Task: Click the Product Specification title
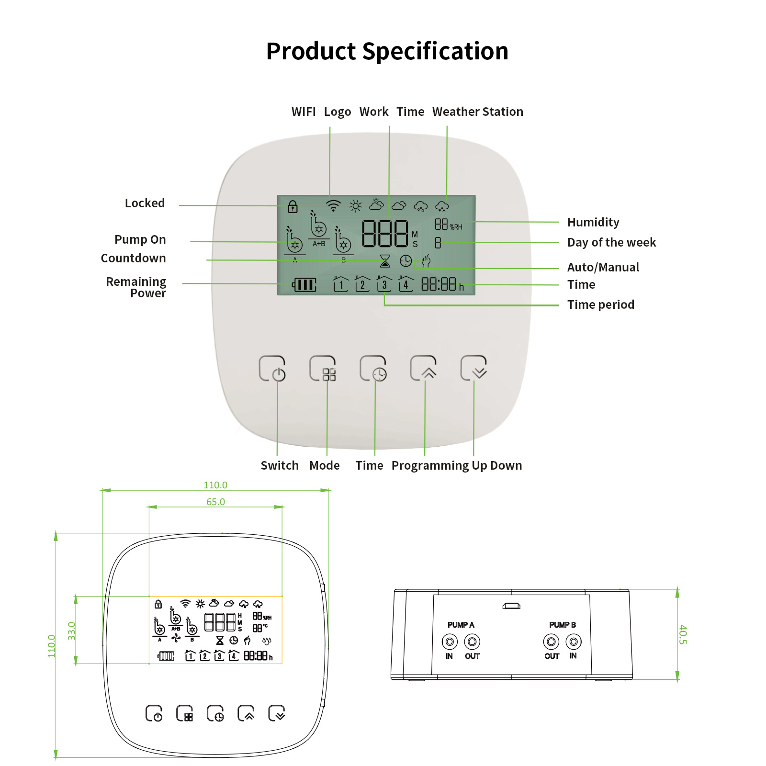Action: tap(387, 51)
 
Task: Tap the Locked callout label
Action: tap(145, 203)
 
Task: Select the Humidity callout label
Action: tap(593, 222)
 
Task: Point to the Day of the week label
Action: tap(611, 243)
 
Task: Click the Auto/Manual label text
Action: tap(603, 267)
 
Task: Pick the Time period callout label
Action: tap(601, 304)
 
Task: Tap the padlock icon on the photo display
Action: tap(293, 207)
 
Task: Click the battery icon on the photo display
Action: tap(304, 285)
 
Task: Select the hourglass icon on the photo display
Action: tap(385, 261)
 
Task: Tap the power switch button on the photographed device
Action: tap(272, 368)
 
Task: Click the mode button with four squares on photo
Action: tap(323, 368)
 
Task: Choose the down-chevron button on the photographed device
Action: tap(473, 368)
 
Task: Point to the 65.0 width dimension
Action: tap(215, 502)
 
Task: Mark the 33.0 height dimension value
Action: tap(72, 631)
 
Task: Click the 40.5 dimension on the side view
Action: tap(683, 634)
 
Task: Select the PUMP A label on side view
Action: tap(461, 625)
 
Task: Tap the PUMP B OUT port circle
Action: tap(551, 641)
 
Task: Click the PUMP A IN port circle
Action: tap(450, 641)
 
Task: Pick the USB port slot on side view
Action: tap(511, 606)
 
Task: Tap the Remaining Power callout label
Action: tap(136, 287)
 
